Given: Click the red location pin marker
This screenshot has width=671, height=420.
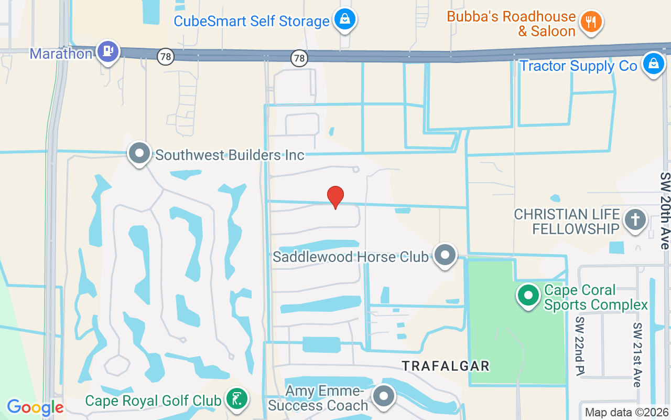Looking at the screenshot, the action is click(x=335, y=197).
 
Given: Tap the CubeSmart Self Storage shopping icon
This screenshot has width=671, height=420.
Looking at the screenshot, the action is click(x=345, y=20).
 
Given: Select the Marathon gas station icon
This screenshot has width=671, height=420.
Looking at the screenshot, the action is click(x=109, y=52).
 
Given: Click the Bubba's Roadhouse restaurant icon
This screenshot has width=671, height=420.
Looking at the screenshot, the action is click(x=591, y=22).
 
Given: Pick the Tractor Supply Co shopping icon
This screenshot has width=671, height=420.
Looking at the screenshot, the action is click(x=653, y=64).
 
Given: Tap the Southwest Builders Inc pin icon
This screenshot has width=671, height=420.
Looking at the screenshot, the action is click(x=139, y=154).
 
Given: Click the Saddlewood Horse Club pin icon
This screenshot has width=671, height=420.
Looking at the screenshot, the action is click(x=445, y=255).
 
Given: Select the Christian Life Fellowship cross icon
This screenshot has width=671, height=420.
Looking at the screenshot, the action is click(x=635, y=220).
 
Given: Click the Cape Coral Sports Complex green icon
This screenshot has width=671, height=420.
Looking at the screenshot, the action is click(x=528, y=296).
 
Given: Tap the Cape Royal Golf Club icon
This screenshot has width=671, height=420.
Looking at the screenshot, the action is click(x=236, y=400).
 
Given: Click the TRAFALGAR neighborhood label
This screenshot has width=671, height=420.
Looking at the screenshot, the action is click(x=446, y=366).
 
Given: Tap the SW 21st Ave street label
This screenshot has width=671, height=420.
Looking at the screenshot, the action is click(x=637, y=354).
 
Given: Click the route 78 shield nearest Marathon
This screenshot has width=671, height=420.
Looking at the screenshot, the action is click(x=166, y=57).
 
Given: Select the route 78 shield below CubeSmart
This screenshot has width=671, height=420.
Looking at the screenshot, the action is click(x=299, y=58).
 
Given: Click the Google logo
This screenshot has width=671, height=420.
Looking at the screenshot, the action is click(x=35, y=407).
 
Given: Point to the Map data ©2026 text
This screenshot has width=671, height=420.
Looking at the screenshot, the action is click(x=626, y=412).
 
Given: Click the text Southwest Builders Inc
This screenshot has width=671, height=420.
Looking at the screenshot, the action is click(x=230, y=155).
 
